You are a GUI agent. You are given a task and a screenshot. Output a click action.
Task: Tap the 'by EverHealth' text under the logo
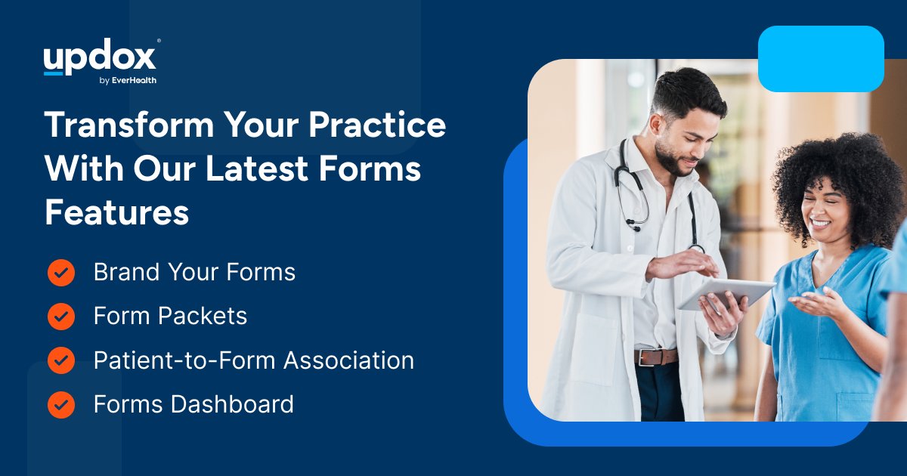pos(128,81)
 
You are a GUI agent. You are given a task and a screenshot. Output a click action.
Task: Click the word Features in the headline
pos(116,213)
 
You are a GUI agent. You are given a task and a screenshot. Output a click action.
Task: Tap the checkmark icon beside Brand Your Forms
pos(61,272)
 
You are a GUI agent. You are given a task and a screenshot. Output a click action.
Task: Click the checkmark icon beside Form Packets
pos(61,316)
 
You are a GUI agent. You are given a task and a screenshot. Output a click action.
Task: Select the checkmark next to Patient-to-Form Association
pos(61,360)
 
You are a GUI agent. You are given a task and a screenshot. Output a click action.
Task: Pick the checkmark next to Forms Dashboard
pos(61,404)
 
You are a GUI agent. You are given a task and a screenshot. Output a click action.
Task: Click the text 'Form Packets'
pos(170,316)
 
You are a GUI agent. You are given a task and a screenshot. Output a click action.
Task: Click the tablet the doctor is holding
pos(726,293)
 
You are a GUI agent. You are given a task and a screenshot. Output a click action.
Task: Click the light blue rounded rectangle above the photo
pos(821,58)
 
